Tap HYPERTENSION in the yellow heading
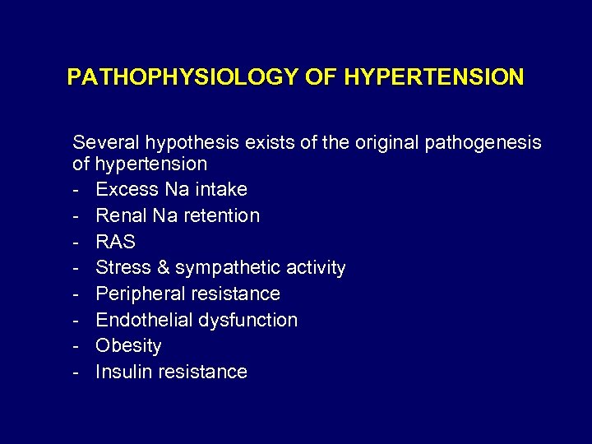click(434, 77)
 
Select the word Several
click(106, 142)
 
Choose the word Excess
click(127, 189)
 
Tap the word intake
click(220, 189)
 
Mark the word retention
click(222, 215)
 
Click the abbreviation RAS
click(115, 242)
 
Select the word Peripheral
click(141, 294)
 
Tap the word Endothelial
click(146, 320)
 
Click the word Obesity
click(128, 346)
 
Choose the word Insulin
click(123, 372)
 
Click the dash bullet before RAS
click(76, 242)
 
